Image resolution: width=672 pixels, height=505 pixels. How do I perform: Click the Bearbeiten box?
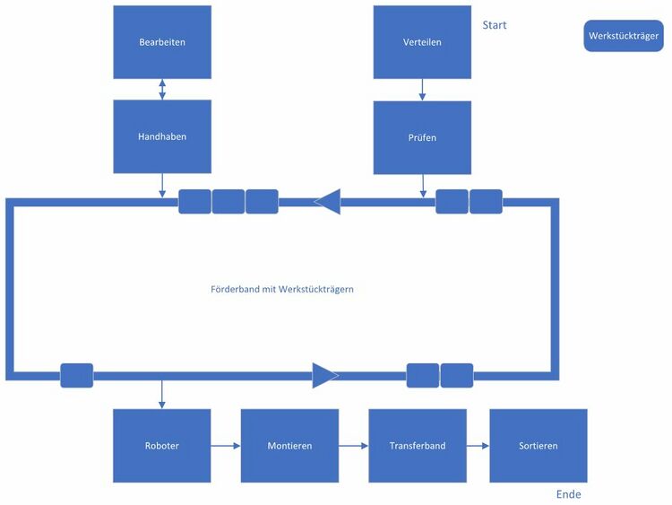tap(162, 42)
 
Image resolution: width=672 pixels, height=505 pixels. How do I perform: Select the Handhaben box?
tap(162, 136)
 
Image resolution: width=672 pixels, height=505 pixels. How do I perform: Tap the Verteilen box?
tap(422, 42)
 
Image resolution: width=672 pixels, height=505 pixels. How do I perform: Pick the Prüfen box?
tap(422, 137)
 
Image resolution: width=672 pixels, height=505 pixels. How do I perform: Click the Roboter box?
tap(162, 446)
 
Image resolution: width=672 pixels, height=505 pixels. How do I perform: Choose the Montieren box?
tap(289, 446)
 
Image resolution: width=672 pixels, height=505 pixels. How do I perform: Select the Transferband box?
tap(418, 446)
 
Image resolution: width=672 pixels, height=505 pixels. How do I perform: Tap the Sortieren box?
tap(538, 446)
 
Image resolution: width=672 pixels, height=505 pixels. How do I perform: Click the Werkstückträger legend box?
tap(624, 36)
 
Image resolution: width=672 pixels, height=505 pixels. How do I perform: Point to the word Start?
tap(495, 25)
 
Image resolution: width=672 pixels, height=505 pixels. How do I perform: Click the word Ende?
tap(568, 494)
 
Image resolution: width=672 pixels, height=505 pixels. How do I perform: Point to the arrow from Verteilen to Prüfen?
tap(422, 90)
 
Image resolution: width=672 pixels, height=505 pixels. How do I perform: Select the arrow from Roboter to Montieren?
tap(226, 446)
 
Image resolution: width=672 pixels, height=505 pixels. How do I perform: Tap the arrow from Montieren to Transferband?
tap(354, 446)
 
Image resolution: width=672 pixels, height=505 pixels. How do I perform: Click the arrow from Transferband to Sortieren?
tap(478, 446)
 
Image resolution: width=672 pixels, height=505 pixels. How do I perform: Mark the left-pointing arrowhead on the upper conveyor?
tap(328, 202)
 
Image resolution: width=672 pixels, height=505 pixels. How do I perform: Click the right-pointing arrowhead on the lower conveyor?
tap(324, 375)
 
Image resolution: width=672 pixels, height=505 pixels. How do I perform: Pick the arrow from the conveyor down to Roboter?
tap(162, 394)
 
